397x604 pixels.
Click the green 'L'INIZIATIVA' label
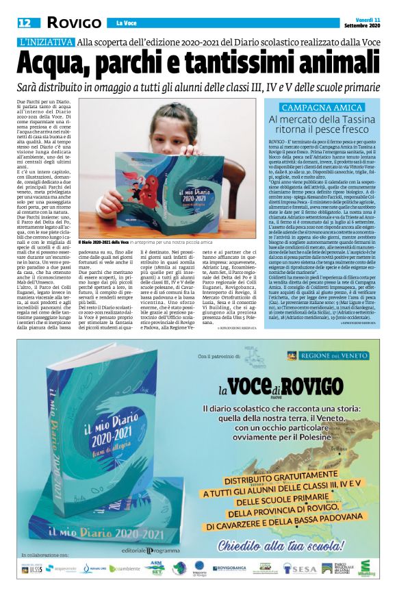[x=46, y=43]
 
